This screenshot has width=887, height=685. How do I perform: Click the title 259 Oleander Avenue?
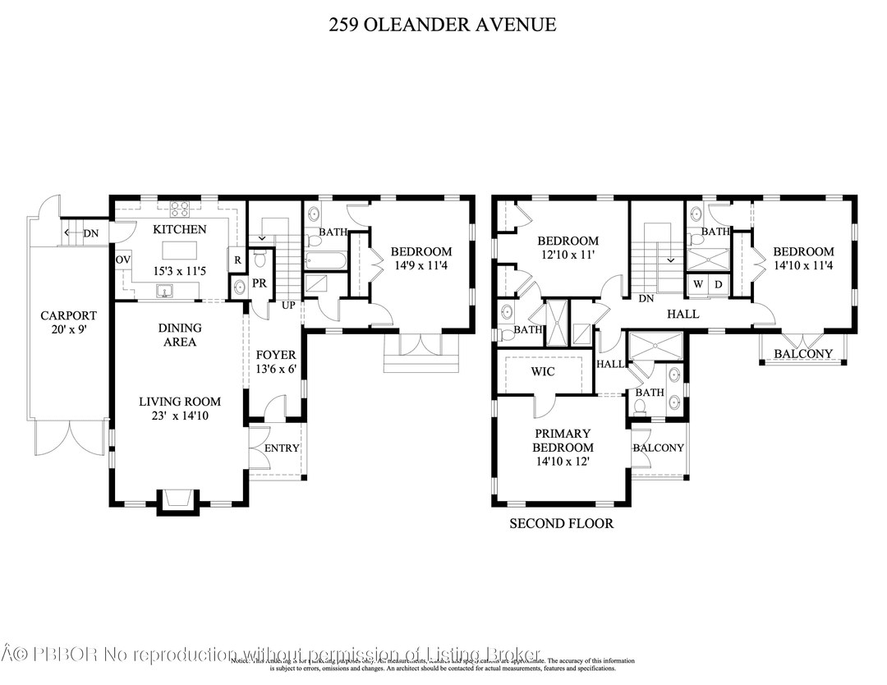[x=443, y=25]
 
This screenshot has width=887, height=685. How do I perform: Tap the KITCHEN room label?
[x=179, y=229]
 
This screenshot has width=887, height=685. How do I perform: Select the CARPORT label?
[x=69, y=315]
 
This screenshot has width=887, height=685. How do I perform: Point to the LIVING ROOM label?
[x=179, y=402]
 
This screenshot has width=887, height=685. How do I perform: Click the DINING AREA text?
[x=179, y=334]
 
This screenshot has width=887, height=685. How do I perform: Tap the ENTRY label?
[x=282, y=448]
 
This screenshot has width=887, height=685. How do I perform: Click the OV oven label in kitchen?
[x=123, y=260]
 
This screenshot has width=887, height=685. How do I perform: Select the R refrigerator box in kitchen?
[x=237, y=260]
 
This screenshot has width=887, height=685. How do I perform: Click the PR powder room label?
[x=259, y=283]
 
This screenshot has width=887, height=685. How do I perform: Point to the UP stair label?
[x=289, y=305]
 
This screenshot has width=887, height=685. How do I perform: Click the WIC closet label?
[x=543, y=372]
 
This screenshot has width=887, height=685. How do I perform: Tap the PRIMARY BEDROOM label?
[x=563, y=440]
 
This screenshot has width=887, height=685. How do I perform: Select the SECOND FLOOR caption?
[x=561, y=523]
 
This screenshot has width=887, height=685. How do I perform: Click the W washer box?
[x=698, y=284]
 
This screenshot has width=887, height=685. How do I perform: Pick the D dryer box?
[x=717, y=284]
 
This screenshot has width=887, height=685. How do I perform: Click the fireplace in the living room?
[x=177, y=499]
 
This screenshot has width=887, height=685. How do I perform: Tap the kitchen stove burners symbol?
[x=179, y=209]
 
